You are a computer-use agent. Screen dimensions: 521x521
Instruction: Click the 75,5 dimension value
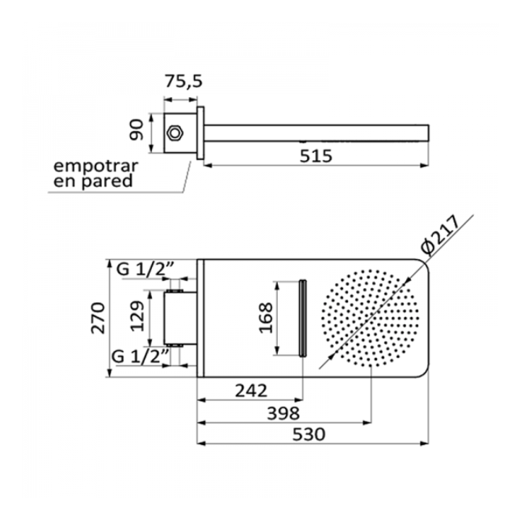183,81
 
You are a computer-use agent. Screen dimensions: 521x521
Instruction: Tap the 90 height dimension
137,130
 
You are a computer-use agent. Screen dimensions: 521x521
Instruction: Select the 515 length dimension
315,156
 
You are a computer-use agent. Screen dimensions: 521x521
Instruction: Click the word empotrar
96,166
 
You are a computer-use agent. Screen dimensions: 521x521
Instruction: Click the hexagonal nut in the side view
174,133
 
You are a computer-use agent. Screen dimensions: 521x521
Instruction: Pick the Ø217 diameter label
440,235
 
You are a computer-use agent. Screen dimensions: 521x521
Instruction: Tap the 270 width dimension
98,318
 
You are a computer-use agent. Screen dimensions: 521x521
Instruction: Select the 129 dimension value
137,316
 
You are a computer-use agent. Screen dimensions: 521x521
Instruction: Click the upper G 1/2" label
145,269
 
